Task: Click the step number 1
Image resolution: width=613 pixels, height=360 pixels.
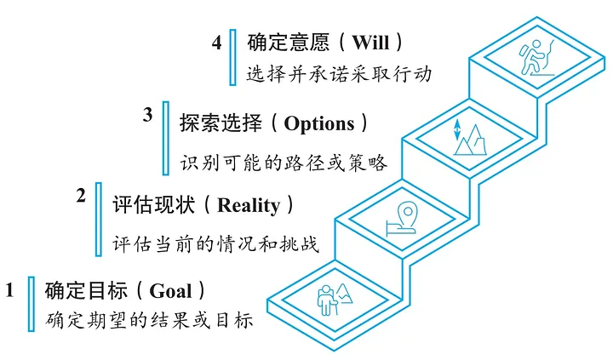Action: [x=10, y=289]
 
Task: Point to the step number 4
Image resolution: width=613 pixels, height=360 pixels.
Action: [x=217, y=42]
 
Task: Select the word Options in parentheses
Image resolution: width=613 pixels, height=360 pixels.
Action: [x=318, y=124]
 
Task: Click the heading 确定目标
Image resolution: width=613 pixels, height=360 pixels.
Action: [x=84, y=290]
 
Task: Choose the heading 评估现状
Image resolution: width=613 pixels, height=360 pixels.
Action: [x=153, y=206]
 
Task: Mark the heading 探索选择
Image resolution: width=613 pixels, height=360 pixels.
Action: [x=220, y=124]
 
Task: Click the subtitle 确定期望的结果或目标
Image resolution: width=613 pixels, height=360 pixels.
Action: [x=150, y=323]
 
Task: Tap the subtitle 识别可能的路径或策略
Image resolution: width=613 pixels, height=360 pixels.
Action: [x=284, y=162]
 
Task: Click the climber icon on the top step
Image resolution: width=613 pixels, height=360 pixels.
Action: [x=533, y=59]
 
